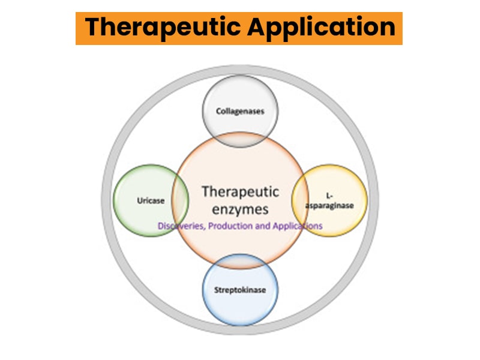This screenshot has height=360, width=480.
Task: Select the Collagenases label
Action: pyautogui.click(x=240, y=111)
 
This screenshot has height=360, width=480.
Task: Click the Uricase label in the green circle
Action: pyautogui.click(x=149, y=200)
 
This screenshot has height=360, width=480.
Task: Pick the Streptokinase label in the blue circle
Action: pyautogui.click(x=240, y=290)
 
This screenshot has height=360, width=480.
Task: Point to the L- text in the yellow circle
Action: pyautogui.click(x=329, y=196)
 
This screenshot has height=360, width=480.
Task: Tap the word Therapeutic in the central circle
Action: pyautogui.click(x=240, y=191)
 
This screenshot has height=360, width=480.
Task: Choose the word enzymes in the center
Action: pyautogui.click(x=240, y=209)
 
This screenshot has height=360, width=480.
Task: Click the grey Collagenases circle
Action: pyautogui.click(x=240, y=96)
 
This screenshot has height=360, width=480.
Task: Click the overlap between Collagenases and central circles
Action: pyautogui.click(x=240, y=140)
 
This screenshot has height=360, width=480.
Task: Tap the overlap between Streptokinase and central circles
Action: pyautogui.click(x=240, y=261)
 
